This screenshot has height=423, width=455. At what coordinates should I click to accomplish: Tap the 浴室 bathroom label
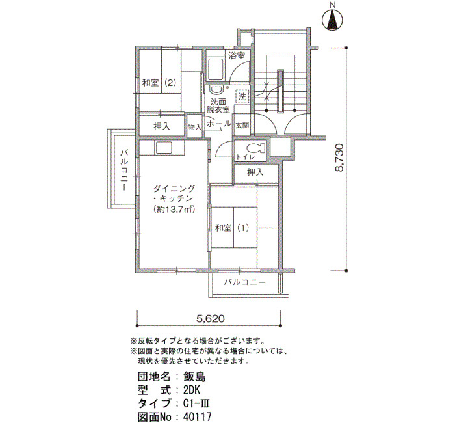coord(237,55)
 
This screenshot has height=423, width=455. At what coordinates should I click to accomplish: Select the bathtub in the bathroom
coord(215,70)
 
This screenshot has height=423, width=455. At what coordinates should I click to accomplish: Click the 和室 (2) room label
coord(159,83)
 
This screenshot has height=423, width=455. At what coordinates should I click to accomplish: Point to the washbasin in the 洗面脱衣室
coord(215,90)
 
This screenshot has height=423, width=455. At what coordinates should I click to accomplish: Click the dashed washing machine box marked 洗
coord(242,96)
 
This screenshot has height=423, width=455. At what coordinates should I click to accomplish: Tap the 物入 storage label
coord(194,127)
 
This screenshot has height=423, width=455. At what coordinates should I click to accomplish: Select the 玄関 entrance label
coord(242,126)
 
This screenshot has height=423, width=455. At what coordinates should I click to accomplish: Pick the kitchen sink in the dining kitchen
coord(164,148)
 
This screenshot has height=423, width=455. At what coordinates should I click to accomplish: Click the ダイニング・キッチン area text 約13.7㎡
coord(174,210)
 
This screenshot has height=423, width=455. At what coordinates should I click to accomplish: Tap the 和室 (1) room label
coord(232,228)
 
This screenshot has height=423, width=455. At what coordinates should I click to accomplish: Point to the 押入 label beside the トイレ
coord(255,172)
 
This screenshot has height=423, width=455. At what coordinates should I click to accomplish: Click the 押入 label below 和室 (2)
coord(162,127)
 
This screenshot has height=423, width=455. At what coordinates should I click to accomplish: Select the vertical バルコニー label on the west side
coord(125,171)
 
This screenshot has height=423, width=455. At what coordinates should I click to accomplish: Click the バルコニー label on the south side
coord(245,282)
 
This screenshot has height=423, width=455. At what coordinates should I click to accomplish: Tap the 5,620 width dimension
coord(211,319)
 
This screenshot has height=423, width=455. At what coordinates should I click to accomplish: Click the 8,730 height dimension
coord(339,157)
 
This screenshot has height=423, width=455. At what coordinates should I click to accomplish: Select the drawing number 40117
coord(198,417)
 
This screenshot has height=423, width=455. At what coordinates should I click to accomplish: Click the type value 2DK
coord(192,390)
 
